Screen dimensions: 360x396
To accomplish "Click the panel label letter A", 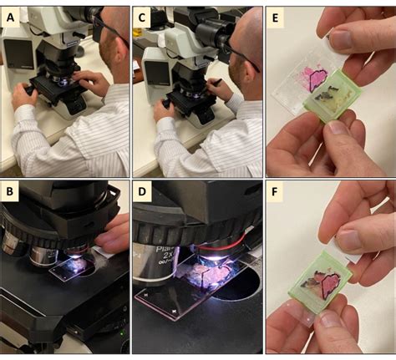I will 12,16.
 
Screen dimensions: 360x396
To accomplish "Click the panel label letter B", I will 12,194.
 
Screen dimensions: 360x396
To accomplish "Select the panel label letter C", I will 144,16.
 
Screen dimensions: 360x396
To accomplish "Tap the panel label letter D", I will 144,194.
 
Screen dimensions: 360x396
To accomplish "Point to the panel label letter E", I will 276,16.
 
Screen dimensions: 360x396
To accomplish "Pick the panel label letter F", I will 276,194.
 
